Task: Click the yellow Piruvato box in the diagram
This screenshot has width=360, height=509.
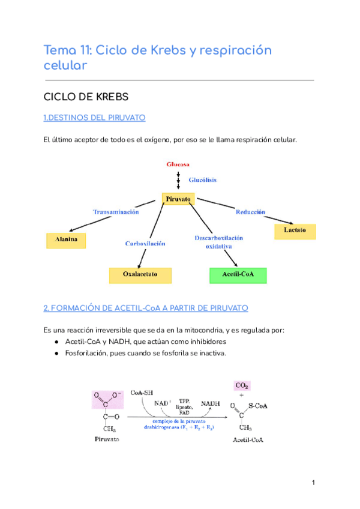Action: pyautogui.click(x=178, y=199)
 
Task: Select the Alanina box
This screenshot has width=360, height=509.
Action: pyautogui.click(x=66, y=241)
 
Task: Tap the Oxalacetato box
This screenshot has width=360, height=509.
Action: pyautogui.click(x=140, y=275)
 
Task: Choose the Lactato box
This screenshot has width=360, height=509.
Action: pyautogui.click(x=295, y=230)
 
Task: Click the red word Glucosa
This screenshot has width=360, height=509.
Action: pyautogui.click(x=178, y=164)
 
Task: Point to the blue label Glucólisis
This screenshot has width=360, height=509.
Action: pyautogui.click(x=203, y=179)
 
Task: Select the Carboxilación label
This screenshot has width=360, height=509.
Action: pyautogui.click(x=145, y=244)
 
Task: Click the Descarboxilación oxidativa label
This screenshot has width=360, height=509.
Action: pyautogui.click(x=218, y=242)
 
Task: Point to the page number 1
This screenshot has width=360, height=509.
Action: pyautogui.click(x=313, y=483)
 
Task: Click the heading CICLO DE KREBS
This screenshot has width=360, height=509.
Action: pyautogui.click(x=86, y=97)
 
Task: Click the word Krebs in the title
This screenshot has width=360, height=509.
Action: pyautogui.click(x=159, y=49)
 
